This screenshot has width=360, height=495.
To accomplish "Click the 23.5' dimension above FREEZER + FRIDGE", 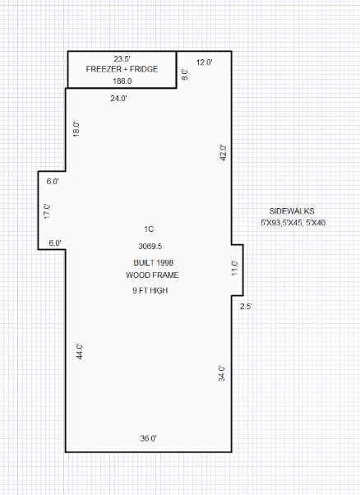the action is click(122, 58).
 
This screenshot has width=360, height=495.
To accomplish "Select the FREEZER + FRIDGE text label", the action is click(122, 69).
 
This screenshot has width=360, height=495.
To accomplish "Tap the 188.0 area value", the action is click(122, 81).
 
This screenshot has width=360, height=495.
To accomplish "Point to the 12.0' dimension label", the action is click(204, 62).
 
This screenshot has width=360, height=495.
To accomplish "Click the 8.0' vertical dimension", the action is click(185, 75).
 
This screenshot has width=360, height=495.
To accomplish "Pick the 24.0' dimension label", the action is click(118, 98).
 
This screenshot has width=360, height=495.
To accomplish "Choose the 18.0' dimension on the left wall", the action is click(76, 129).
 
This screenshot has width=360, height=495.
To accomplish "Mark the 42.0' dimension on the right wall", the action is click(223, 153).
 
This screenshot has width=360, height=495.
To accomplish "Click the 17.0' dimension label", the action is click(48, 211).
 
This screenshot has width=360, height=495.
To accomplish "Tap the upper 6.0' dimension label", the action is click(53, 182).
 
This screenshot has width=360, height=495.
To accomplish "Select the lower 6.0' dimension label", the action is click(55, 243).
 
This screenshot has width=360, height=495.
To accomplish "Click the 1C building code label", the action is click(149, 229).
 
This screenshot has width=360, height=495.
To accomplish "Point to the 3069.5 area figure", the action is click(150, 246).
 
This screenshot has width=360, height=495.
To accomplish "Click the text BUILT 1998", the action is click(154, 262).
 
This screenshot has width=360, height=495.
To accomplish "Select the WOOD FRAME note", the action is click(152, 275).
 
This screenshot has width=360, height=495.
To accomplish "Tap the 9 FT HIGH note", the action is click(150, 290).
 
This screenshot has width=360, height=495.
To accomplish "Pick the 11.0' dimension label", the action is click(235, 268).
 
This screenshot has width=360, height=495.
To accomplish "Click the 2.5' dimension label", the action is click(246, 306).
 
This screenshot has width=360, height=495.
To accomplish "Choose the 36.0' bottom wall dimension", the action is click(149, 438).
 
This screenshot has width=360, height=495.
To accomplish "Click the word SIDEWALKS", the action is click(292, 211).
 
